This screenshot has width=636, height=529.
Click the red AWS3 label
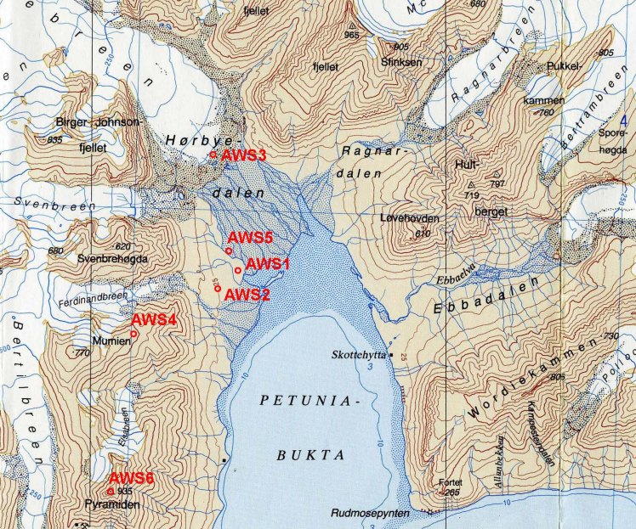(x=244, y=155)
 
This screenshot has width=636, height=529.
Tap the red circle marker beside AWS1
(x=237, y=270)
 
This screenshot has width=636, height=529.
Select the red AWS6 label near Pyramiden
(x=132, y=478)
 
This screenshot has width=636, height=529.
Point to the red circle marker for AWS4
(x=133, y=334)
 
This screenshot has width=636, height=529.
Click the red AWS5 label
(x=250, y=238)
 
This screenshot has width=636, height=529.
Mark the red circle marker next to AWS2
(x=218, y=289)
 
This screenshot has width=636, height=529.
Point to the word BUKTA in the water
(x=310, y=455)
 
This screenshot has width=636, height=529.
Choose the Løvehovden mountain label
(x=410, y=218)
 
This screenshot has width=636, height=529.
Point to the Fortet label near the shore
(x=448, y=482)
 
